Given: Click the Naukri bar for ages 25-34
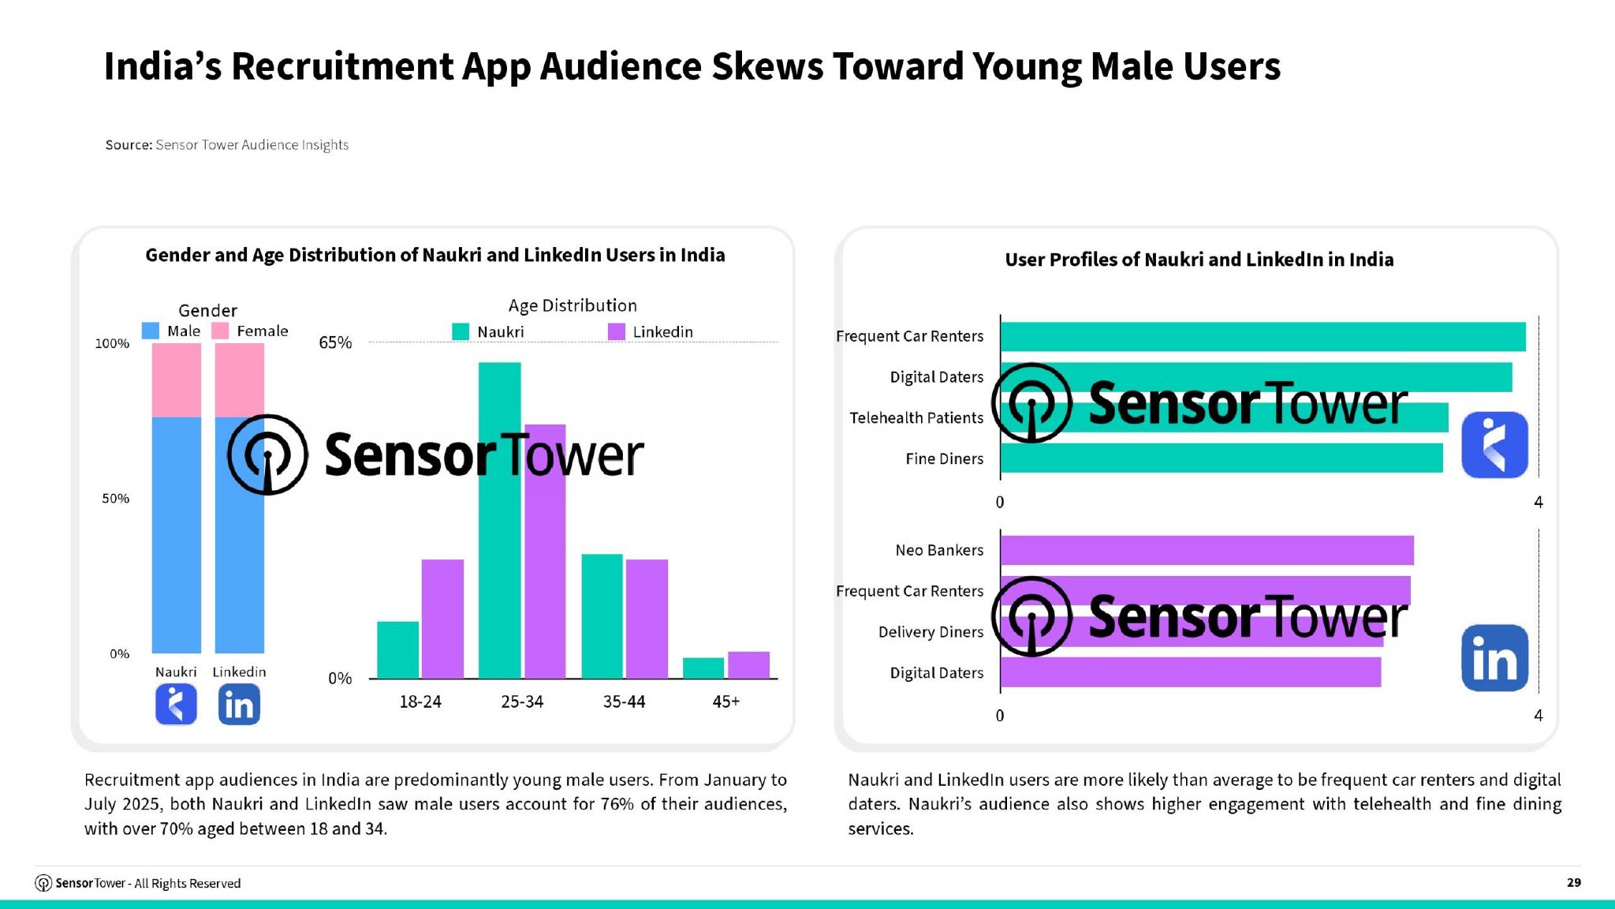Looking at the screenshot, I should pyautogui.click(x=499, y=552).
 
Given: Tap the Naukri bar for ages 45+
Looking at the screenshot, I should pyautogui.click(x=703, y=668).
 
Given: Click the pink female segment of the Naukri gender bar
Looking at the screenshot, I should pyautogui.click(x=176, y=380).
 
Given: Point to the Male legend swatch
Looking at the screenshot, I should pyautogui.click(x=151, y=331).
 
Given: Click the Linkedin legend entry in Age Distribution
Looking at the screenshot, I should pyautogui.click(x=651, y=331).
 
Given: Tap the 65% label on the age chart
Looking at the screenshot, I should pyautogui.click(x=335, y=342).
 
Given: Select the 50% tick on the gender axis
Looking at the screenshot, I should pyautogui.click(x=115, y=499).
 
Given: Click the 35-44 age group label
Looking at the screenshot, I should pyautogui.click(x=624, y=701).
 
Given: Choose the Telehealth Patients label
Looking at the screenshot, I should pyautogui.click(x=916, y=417).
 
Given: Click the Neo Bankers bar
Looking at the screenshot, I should pyautogui.click(x=1207, y=550).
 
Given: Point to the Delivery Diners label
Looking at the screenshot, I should pyautogui.click(x=931, y=632).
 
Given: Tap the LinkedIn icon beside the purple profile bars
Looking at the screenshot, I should pyautogui.click(x=1494, y=658).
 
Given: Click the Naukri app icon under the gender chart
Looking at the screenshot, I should pyautogui.click(x=176, y=704).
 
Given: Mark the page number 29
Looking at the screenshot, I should pyautogui.click(x=1573, y=882).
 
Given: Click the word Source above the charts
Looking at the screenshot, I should pyautogui.click(x=128, y=145).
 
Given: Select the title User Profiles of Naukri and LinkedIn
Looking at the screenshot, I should pyautogui.click(x=1199, y=260).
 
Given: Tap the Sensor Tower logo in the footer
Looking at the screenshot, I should pyautogui.click(x=44, y=883).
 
